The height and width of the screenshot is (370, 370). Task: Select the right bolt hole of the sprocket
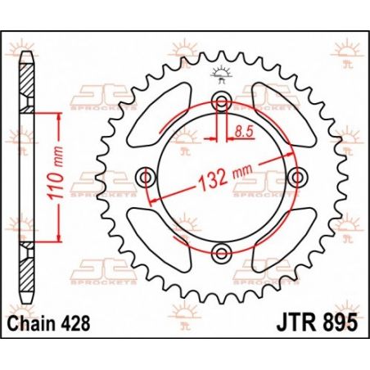coord(296,176)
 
